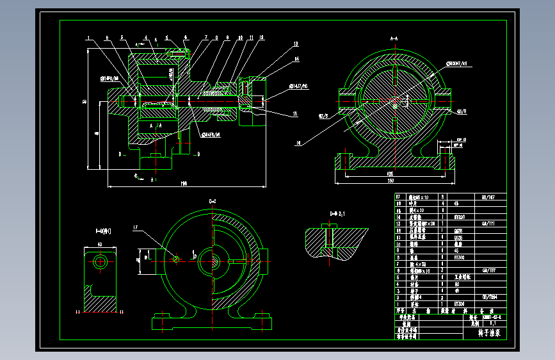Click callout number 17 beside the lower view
(x=136, y=227)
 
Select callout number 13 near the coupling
(x=296, y=44)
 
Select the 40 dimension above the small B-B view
(x=100, y=244)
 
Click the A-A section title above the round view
(x=394, y=38)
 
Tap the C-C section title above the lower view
(x=213, y=201)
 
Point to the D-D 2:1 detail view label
(x=337, y=213)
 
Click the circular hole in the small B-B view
(x=100, y=261)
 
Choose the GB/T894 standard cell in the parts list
(x=488, y=297)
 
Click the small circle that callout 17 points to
(x=175, y=259)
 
